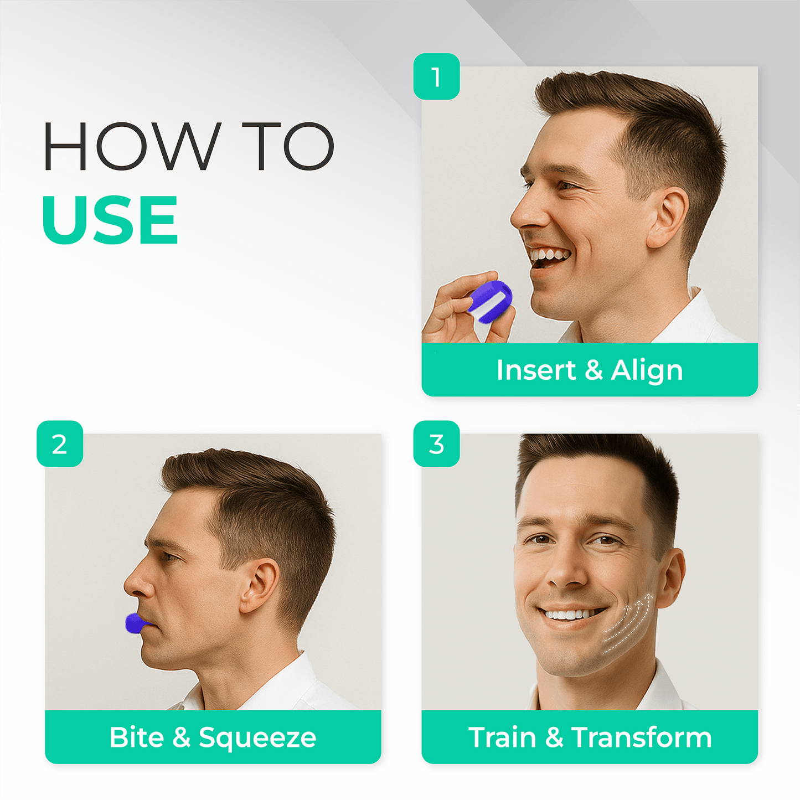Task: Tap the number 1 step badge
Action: [x=436, y=76]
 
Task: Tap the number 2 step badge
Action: [x=60, y=444]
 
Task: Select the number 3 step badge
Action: [x=436, y=444]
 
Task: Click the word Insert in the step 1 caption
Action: [x=536, y=369]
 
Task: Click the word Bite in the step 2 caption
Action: [x=137, y=737]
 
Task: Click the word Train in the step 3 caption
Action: [x=502, y=737]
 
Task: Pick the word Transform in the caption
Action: [x=642, y=737]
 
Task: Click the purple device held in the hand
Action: [x=490, y=301]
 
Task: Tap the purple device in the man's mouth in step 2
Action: [x=136, y=623]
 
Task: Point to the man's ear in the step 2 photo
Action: [x=260, y=585]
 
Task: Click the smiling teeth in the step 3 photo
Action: [x=572, y=613]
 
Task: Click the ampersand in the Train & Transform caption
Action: [x=554, y=737]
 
